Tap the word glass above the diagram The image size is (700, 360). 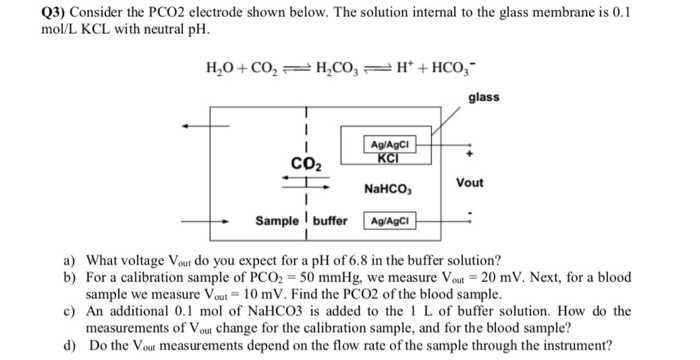click(485, 97)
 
